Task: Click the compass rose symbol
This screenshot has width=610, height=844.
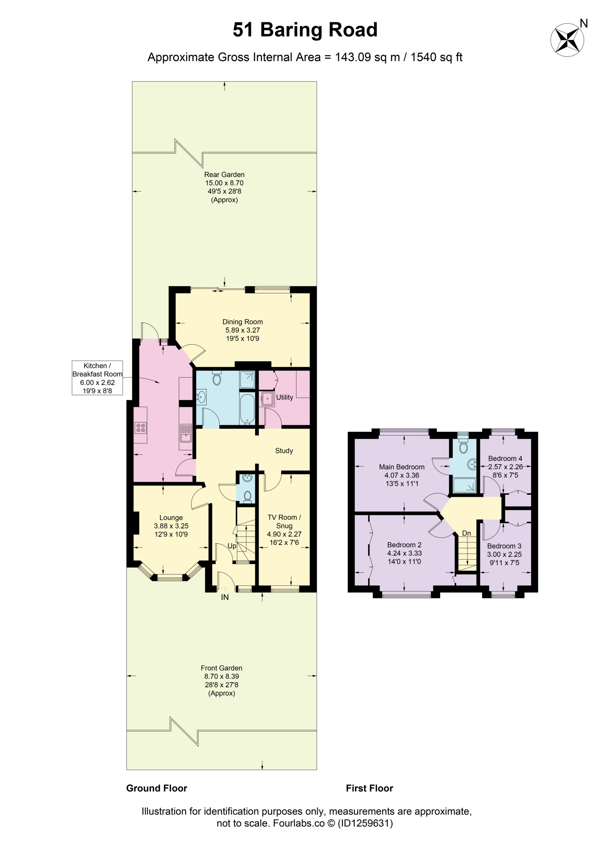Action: pyautogui.click(x=567, y=40)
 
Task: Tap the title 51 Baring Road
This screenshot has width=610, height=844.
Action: pyautogui.click(x=305, y=30)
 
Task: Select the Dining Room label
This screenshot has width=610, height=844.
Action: pyautogui.click(x=242, y=322)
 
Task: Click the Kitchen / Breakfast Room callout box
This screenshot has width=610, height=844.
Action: pyautogui.click(x=97, y=378)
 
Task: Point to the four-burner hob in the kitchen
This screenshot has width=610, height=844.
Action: pyautogui.click(x=141, y=428)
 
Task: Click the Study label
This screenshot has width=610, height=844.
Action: pyautogui.click(x=284, y=451)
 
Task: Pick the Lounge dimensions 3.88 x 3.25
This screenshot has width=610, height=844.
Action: pyautogui.click(x=171, y=526)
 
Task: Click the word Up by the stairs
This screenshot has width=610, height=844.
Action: pyautogui.click(x=232, y=546)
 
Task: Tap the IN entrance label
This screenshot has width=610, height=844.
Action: pyautogui.click(x=225, y=597)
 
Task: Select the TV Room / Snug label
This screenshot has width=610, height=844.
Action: pyautogui.click(x=284, y=521)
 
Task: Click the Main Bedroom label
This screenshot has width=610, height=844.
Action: pyautogui.click(x=401, y=467)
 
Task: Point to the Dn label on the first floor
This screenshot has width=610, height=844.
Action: pyautogui.click(x=466, y=533)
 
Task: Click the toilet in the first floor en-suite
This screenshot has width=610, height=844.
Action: pyautogui.click(x=463, y=446)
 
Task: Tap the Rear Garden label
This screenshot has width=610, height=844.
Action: pyautogui.click(x=224, y=174)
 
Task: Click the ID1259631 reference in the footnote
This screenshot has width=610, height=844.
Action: pyautogui.click(x=365, y=823)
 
